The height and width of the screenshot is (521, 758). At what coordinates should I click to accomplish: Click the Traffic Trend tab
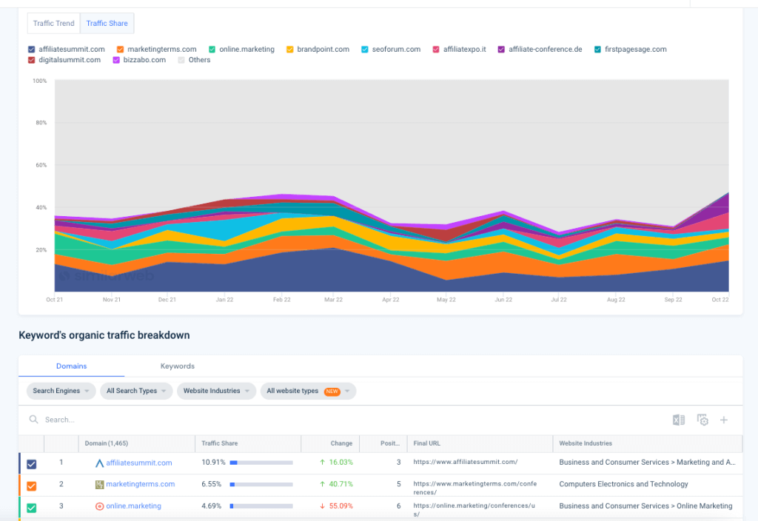tap(54, 23)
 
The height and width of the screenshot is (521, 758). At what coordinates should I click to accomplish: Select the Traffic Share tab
tap(107, 23)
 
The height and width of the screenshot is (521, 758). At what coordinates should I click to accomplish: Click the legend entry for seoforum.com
tap(396, 50)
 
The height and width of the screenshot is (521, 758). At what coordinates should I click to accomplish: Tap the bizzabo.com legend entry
tap(144, 60)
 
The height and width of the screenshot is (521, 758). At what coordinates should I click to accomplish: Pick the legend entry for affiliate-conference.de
tap(545, 50)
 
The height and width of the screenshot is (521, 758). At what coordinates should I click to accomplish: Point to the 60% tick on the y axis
tap(41, 165)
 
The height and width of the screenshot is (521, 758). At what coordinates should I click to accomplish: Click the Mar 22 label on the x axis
tap(334, 300)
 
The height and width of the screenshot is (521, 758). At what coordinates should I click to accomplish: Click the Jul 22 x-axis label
tap(559, 300)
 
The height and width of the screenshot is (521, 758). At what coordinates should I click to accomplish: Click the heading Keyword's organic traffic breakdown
tap(104, 335)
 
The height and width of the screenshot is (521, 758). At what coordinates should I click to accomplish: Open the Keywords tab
tap(177, 366)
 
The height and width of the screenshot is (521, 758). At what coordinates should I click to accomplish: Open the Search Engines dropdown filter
tap(61, 391)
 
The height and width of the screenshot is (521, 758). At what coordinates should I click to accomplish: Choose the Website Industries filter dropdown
tap(216, 391)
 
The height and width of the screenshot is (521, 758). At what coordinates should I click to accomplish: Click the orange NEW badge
tap(332, 391)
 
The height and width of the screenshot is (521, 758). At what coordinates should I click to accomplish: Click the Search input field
tap(148, 420)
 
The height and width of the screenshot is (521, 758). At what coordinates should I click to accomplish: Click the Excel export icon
tap(678, 420)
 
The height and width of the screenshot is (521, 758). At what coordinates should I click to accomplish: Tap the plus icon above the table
tap(724, 420)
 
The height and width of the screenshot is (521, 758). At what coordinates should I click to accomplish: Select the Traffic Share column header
tap(220, 443)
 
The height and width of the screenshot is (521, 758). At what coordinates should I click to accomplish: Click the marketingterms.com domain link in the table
tap(140, 484)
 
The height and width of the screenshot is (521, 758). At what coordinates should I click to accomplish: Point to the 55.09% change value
tap(341, 506)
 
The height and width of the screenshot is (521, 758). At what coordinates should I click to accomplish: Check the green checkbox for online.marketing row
tap(31, 508)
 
